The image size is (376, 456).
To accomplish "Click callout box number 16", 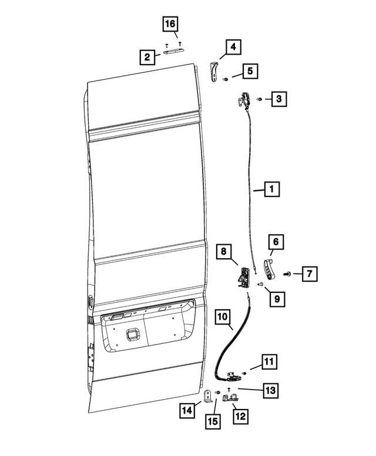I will point(170,25).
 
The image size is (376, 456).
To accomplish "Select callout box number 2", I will point(147,57).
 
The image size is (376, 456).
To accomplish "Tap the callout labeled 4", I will point(233,46).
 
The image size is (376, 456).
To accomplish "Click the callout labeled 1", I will point(271,190).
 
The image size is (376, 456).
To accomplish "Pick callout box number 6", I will point(276,241).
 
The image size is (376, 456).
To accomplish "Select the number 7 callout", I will point(311,273).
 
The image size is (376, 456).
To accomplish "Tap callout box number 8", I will point(223,252).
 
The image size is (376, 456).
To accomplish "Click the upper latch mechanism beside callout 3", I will point(244,101).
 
